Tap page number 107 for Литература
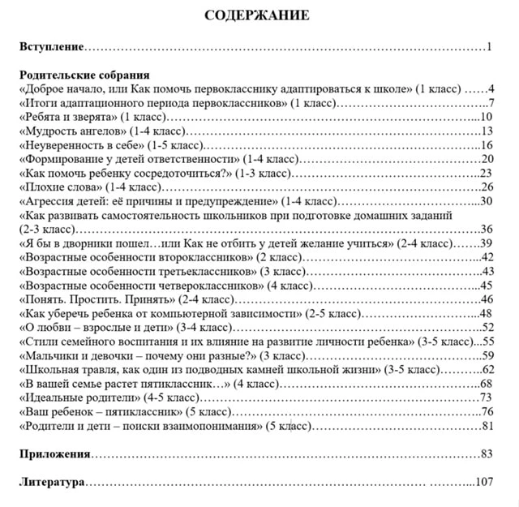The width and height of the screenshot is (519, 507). tap(484, 482)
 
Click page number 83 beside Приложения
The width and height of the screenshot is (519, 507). tap(487, 454)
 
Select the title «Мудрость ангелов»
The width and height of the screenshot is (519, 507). tap(72, 131)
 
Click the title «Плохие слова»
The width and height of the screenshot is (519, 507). tap(62, 187)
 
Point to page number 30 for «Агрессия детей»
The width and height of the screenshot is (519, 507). tap(487, 201)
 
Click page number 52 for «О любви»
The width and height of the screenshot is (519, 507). tap(488, 328)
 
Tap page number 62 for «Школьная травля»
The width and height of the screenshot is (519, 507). tap(488, 370)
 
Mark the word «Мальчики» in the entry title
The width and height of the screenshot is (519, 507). tap(49, 356)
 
